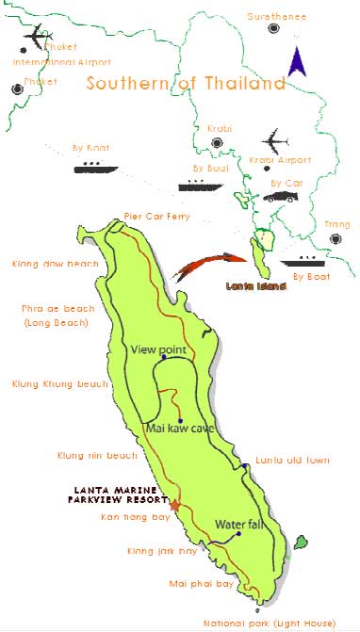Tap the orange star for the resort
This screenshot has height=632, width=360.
pyautogui.click(x=174, y=505)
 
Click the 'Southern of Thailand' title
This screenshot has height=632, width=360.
pyautogui.click(x=186, y=83)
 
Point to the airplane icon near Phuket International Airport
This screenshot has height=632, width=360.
pyautogui.click(x=36, y=39)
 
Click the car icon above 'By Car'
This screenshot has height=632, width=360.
pyautogui.click(x=283, y=196)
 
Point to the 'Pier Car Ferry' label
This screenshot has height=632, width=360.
pyautogui.click(x=156, y=217)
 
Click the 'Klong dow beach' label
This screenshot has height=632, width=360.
pyautogui.click(x=48, y=264)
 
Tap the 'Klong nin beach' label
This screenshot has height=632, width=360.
pyautogui.click(x=97, y=455)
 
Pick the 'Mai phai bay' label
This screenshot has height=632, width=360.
pyautogui.click(x=201, y=584)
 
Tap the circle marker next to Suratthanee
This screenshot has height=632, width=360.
pyautogui.click(x=274, y=28)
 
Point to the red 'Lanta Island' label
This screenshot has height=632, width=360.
pyautogui.click(x=258, y=284)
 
